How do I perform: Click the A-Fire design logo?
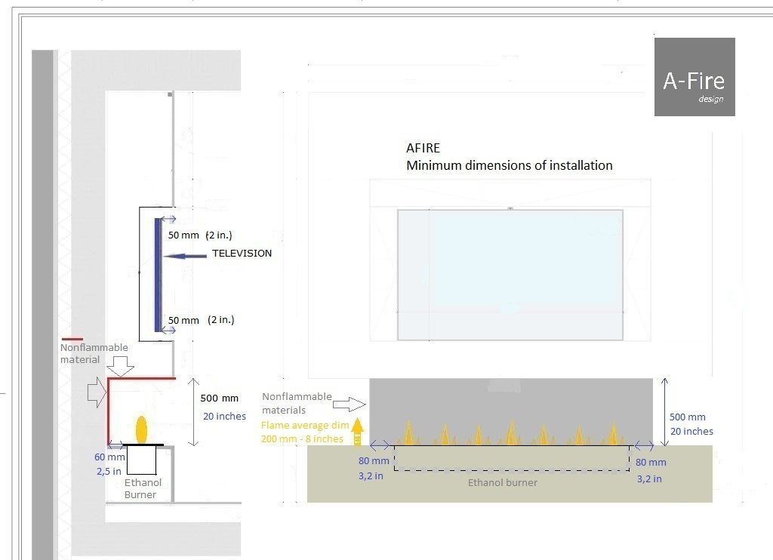coord(694,77)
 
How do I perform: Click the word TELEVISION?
coord(242,254)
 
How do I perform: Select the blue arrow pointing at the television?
coord(184,257)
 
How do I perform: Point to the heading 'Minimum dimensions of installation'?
coord(509,165)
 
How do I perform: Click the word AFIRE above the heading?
coord(423,148)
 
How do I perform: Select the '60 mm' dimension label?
coord(110,457)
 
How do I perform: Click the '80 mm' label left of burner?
coord(374,461)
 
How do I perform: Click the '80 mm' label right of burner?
coord(651,462)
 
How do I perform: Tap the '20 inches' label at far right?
coord(691,431)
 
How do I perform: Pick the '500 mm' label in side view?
coord(220,398)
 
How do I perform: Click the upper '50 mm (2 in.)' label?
coord(200,235)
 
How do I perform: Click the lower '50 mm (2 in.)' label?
coord(200,320)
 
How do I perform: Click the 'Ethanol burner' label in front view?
coord(503,482)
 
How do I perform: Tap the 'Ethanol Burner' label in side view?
coord(141,488)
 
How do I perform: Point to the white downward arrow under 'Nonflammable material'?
coord(121,367)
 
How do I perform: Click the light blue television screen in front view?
coord(510,275)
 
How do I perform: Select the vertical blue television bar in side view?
coord(158,275)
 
